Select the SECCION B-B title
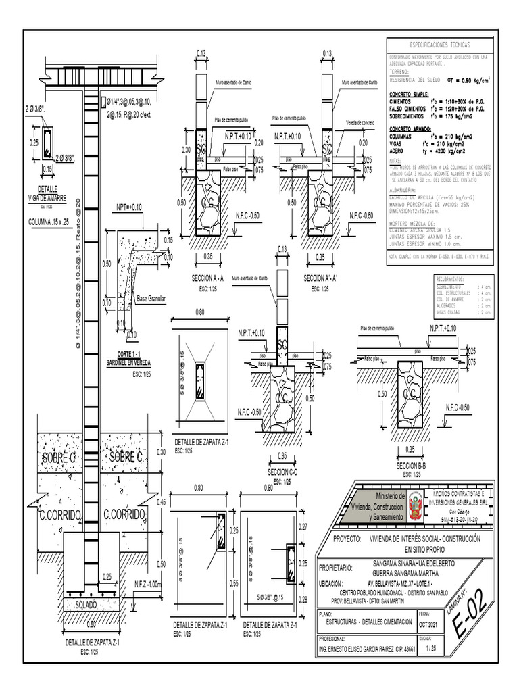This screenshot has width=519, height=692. click(411, 467)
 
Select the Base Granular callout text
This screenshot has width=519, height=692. click(151, 297)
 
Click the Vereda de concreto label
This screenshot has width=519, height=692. click(360, 123)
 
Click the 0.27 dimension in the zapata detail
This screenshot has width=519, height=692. click(302, 526)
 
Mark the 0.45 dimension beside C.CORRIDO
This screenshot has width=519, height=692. click(162, 503)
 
